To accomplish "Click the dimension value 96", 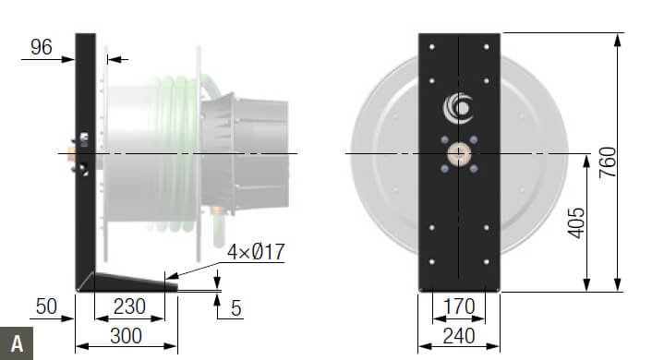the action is pos(42,47).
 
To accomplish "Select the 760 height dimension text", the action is pos(608,162).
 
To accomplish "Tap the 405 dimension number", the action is pos(576,223).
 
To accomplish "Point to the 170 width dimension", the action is pos(459,307).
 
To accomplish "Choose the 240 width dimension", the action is pos(459,336).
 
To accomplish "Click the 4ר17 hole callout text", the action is pos(256,252).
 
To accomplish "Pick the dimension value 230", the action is pos(129,306).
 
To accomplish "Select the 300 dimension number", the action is pos(126,336).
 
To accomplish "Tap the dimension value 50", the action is pos(46,306).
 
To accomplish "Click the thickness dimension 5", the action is pos(235,308).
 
